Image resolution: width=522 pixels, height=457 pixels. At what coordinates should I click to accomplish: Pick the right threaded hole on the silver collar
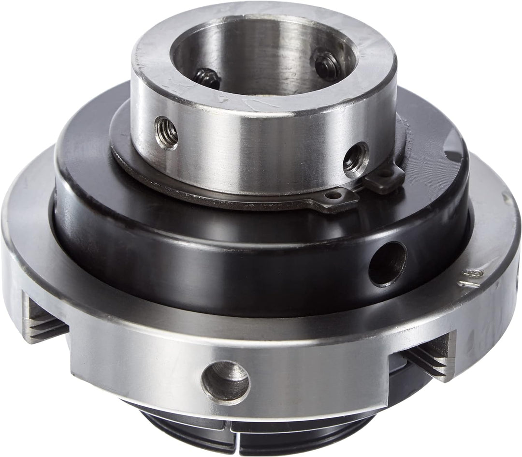356,157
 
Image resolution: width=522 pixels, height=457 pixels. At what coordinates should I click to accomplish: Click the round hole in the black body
388,264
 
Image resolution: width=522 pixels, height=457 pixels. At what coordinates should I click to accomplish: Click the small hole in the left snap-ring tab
333,195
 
